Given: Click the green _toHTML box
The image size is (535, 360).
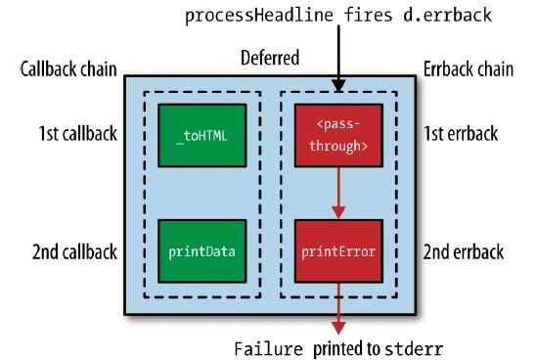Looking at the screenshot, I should coord(201,136).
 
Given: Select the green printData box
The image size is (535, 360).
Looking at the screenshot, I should coord(201,251).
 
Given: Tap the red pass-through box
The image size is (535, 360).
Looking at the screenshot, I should coord(337,136).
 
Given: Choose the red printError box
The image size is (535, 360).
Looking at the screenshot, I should coord(337,251).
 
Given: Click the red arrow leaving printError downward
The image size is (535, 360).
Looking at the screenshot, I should coord(337,308).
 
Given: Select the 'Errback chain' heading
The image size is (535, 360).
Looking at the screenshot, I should coord(470,70).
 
